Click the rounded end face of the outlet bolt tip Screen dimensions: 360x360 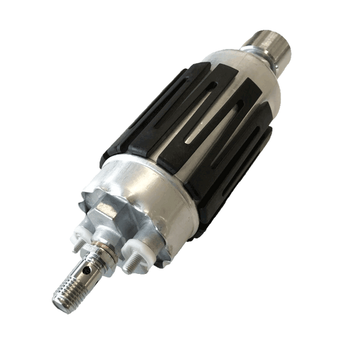[x=58, y=301]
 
